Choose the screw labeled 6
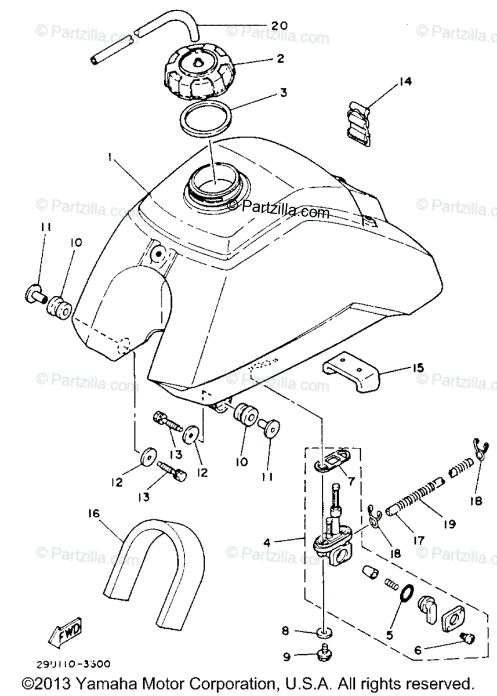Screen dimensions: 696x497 pos(467,639)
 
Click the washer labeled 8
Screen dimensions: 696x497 pos(325,632)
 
